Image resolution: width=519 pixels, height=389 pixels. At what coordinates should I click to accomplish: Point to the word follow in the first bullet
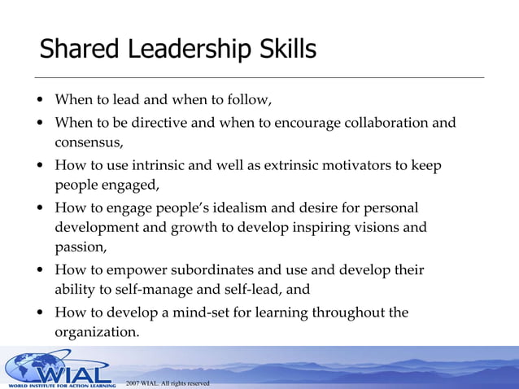click(245, 101)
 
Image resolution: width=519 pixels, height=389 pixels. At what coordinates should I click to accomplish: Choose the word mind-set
click(200, 313)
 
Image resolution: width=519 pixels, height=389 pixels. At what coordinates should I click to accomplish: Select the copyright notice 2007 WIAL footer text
click(168, 382)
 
